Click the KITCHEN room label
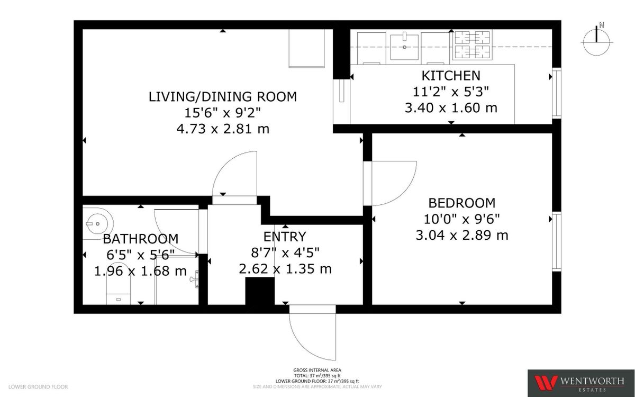(451, 76)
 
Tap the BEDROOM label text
(461, 203)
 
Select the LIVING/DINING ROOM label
(222, 97)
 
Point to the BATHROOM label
(140, 239)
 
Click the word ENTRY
(285, 237)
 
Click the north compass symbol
(596, 42)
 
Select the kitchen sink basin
(405, 41)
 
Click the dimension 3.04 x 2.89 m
(461, 235)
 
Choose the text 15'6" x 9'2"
(222, 113)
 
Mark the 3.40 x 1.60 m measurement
(451, 108)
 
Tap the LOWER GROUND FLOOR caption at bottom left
(34, 387)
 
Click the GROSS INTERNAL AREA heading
(317, 370)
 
